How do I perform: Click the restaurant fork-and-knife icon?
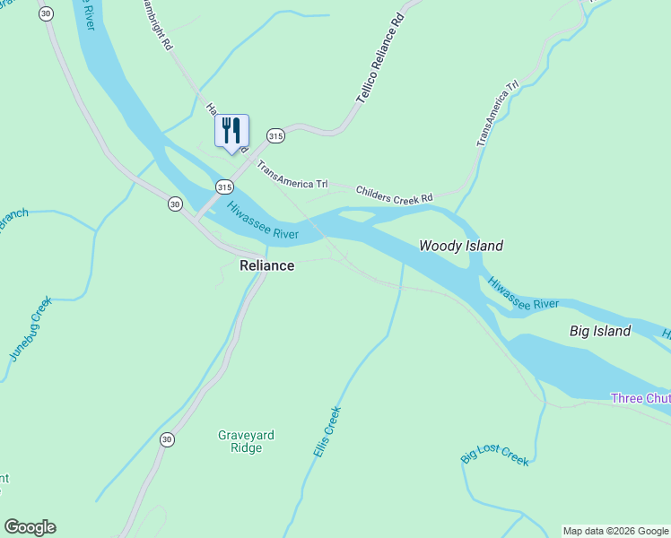pos(231,131)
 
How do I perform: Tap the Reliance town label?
pos(266,265)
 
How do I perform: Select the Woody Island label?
pos(461,246)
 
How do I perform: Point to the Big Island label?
pos(600,331)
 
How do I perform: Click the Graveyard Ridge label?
pos(246,441)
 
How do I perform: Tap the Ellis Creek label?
pos(327,433)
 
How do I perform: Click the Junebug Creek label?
pos(30,329)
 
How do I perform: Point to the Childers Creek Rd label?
pos(394,193)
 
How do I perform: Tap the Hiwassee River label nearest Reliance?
pos(262,221)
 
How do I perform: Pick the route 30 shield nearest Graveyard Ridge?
pos(167,439)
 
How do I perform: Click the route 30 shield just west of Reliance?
pos(175,204)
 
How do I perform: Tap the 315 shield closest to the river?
pos(224,187)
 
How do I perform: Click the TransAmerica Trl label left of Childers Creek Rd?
pos(292,176)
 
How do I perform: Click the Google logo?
pos(30,527)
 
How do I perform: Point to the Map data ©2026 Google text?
pos(615,531)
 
